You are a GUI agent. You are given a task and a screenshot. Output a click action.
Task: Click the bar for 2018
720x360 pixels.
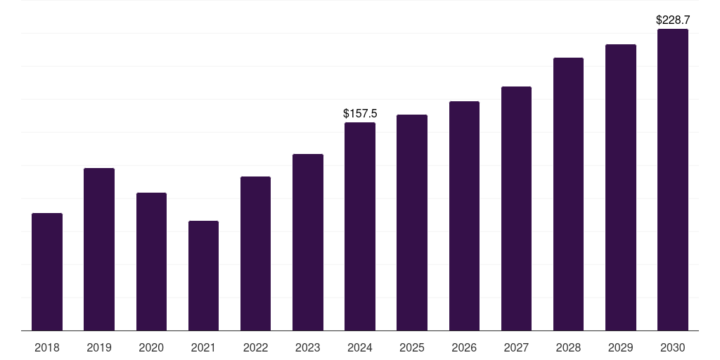[47, 272]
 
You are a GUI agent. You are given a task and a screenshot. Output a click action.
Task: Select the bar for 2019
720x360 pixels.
[99, 250]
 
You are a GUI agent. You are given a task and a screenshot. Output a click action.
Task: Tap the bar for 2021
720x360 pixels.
[203, 276]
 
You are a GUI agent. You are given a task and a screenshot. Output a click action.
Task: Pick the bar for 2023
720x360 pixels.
[308, 243]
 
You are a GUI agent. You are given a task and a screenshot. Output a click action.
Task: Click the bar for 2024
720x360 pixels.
[360, 226]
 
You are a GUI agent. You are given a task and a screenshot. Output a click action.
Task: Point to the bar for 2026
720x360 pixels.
[464, 216]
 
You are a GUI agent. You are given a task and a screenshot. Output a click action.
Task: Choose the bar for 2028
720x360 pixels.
[568, 194]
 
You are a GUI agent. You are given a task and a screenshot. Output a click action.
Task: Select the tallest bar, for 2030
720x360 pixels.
[673, 179]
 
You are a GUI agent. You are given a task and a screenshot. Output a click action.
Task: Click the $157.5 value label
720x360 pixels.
[360, 113]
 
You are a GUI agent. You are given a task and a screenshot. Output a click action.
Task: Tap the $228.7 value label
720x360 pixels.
[673, 20]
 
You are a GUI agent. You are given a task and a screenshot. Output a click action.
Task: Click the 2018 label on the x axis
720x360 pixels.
[47, 347]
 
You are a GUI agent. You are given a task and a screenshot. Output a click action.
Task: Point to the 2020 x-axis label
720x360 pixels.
[151, 347]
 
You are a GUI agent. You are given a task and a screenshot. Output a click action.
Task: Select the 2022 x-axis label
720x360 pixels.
[255, 347]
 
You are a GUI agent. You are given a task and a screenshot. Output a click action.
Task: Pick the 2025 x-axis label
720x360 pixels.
[412, 347]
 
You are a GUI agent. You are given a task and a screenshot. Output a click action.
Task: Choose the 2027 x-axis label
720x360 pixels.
[516, 347]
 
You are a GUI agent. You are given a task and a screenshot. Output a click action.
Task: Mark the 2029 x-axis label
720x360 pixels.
[620, 347]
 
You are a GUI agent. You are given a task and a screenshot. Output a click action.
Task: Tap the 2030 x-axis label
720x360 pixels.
[673, 347]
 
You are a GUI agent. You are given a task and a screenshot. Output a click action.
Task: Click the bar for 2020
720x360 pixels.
[152, 262]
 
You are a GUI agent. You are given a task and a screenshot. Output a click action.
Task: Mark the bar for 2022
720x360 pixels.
[255, 253]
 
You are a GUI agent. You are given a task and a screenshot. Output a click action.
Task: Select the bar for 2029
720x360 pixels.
[621, 187]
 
